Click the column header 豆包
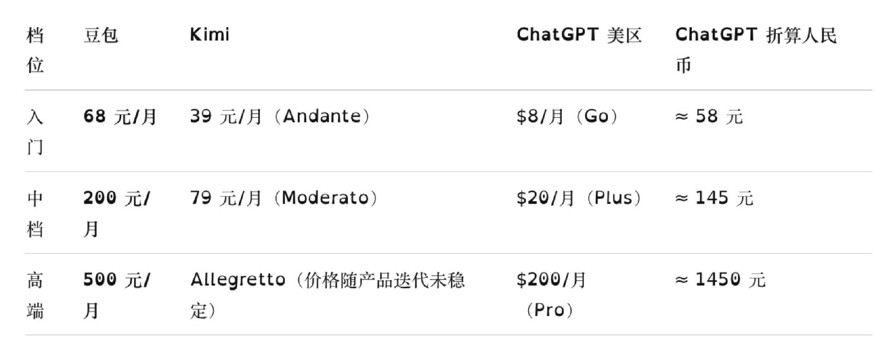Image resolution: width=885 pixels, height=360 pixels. click(x=100, y=35)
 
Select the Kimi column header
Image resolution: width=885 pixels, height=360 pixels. click(x=209, y=35)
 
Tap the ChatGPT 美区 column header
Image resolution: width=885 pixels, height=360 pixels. click(x=579, y=35)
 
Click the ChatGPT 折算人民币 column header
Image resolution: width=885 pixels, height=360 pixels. click(x=756, y=50)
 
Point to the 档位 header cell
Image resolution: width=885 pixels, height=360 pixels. click(x=35, y=50)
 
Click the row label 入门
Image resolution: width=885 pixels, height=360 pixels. click(x=35, y=131)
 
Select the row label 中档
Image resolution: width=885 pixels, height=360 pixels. click(x=35, y=213)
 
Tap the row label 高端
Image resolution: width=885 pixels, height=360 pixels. click(x=35, y=295)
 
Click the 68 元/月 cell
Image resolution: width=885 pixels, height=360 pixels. click(x=120, y=117)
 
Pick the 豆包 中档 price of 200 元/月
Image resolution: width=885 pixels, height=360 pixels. click(x=117, y=213)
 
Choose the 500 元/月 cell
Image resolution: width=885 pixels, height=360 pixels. click(x=117, y=295)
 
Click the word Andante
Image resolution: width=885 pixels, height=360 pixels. click(x=322, y=116)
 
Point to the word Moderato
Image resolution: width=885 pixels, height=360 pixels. click(x=325, y=198)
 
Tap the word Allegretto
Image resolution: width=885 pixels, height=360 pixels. click(x=238, y=279)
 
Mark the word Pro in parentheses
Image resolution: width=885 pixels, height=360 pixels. click(x=549, y=310)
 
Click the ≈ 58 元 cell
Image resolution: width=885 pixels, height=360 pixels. click(x=709, y=117)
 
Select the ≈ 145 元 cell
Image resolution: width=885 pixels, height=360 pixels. click(x=714, y=198)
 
